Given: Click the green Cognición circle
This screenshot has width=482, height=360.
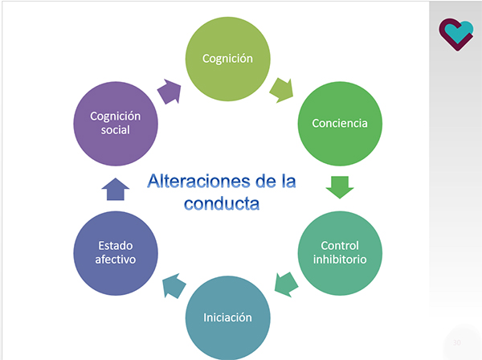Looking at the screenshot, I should click(228, 59).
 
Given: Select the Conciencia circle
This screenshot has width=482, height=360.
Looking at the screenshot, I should click(340, 124).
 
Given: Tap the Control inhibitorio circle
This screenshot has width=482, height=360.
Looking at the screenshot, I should click(339, 252).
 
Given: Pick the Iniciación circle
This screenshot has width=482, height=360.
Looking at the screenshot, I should click(228, 317).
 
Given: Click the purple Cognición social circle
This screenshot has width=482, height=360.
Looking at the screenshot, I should click(116, 123).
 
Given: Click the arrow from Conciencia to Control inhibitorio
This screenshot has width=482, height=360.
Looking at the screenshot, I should click(340, 187).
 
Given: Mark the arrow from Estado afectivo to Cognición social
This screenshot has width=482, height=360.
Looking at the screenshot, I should click(116, 189).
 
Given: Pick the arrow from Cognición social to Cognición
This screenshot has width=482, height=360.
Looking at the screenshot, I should click(170, 89).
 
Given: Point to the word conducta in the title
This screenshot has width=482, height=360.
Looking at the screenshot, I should click(222, 203).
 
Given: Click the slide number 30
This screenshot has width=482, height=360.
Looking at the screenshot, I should click(456, 342).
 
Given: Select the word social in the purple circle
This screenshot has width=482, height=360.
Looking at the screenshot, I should click(116, 130).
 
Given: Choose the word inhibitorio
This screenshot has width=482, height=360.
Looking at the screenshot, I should click(339, 260).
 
